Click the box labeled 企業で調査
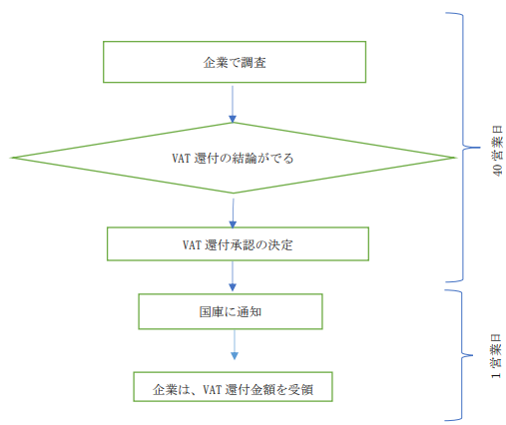[235, 62]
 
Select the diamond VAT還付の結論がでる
[233, 158]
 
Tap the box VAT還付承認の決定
[238, 243]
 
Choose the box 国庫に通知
[231, 311]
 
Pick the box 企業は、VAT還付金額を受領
[233, 387]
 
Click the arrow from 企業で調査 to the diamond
[233, 104]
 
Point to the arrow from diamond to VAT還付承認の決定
[233, 213]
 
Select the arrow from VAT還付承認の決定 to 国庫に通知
[233, 276]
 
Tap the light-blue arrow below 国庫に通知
[235, 344]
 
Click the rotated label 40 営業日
[497, 151]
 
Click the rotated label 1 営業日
[496, 356]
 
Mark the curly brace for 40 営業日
[463, 147]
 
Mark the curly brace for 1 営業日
[462, 355]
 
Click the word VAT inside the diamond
[181, 159]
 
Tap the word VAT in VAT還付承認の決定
[192, 245]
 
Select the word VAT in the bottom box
[212, 389]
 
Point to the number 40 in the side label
[498, 170]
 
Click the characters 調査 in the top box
[253, 63]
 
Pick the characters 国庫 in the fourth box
[212, 312]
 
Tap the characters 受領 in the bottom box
[300, 389]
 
